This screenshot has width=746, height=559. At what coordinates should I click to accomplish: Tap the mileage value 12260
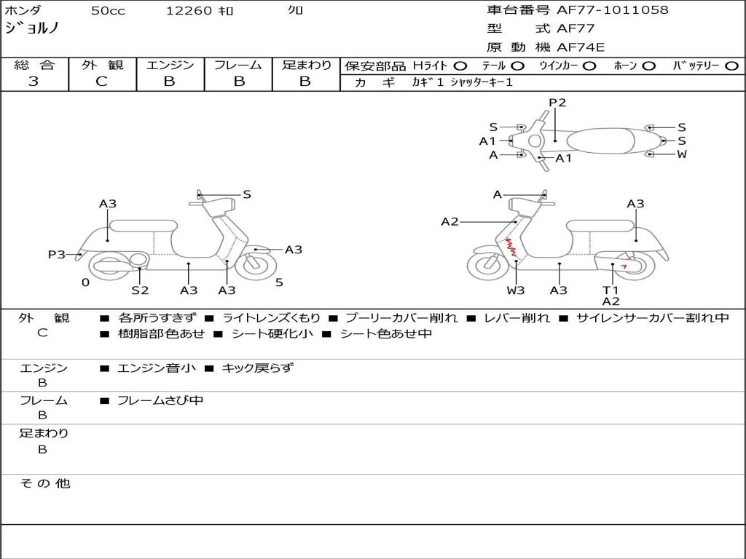coord(189,11)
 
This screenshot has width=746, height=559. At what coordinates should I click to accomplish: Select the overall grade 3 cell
coord(34,82)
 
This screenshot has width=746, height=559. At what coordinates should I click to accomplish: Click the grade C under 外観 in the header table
coord(101,82)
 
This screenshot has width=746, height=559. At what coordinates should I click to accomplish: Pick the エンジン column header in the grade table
coord(170,66)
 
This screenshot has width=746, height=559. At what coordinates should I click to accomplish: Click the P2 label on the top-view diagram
coord(557,103)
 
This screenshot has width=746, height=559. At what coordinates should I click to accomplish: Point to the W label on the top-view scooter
coord(682,154)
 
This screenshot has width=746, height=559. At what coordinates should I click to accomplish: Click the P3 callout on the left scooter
coord(56,255)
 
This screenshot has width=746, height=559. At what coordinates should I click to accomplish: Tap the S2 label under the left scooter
coord(140,290)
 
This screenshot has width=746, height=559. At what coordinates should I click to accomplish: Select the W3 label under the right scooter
coord(516,290)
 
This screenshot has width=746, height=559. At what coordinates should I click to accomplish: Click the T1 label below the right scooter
coord(610,290)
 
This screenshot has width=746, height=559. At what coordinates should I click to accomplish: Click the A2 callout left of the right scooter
coord(449,221)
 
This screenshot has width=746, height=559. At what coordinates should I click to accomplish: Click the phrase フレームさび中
coord(160,400)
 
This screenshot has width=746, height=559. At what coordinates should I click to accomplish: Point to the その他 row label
coord(44,483)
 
